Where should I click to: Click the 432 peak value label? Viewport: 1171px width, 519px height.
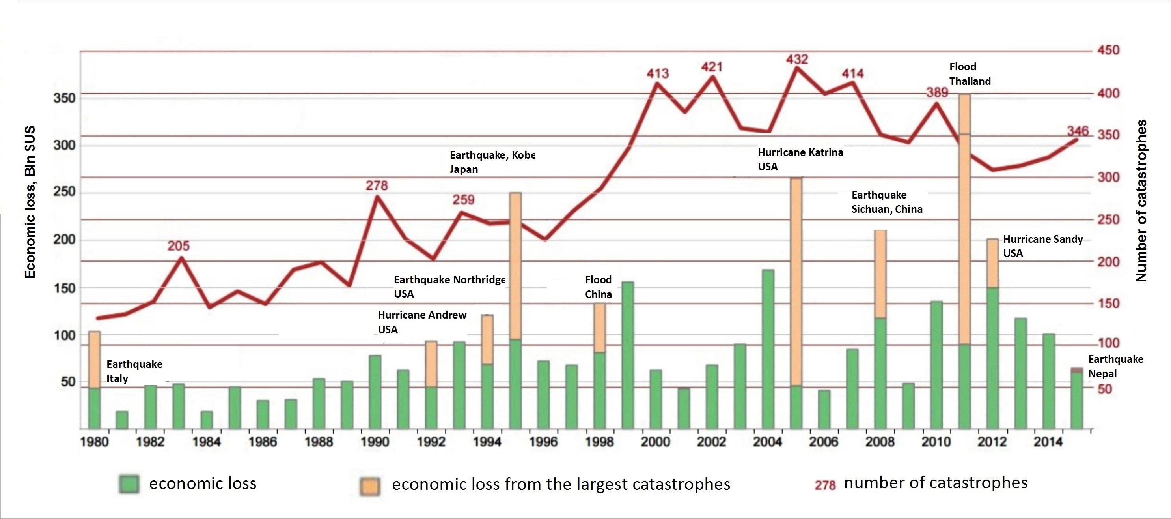pos(797,60)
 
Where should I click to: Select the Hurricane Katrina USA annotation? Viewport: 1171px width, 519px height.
pos(800,159)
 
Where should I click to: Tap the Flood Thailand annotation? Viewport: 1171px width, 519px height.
pos(970,74)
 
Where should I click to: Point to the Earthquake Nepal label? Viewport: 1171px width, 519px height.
pos(1115,366)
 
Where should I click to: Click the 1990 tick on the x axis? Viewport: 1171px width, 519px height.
pos(375,442)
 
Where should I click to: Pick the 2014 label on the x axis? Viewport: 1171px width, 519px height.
pos(1048,442)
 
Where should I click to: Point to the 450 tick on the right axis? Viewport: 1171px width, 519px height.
pos(1108,50)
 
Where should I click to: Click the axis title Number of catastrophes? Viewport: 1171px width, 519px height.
pos(1141,200)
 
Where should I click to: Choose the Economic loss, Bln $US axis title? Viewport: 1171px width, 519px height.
pos(30,202)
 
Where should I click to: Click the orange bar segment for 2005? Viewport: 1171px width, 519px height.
pos(796,282)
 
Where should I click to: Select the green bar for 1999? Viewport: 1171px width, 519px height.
pos(628,355)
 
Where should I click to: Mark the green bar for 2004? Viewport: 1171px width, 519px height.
pos(768,349)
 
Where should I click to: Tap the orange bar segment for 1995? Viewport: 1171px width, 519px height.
pos(515,266)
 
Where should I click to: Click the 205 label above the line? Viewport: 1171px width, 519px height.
pos(178,246)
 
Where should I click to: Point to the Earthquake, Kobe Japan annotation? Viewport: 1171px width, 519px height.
pos(492,162)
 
